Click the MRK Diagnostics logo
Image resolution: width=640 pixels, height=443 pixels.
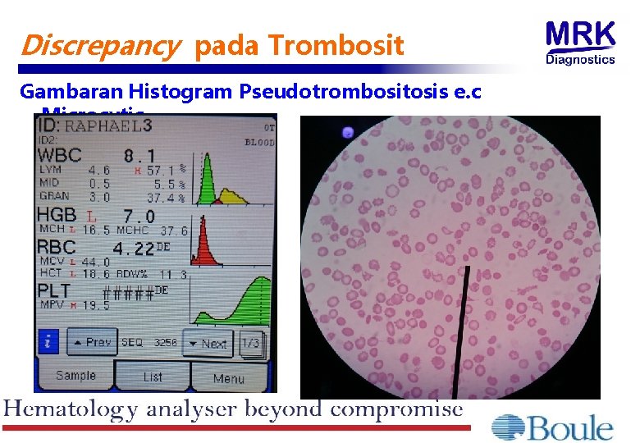coord(581,43)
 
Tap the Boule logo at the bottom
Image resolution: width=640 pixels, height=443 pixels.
coord(552,427)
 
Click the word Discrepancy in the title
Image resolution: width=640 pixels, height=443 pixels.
coord(98,46)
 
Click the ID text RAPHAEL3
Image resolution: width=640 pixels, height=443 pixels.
coord(109,126)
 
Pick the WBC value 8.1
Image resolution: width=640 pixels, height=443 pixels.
coord(139,155)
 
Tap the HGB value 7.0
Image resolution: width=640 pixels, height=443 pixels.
coord(139,216)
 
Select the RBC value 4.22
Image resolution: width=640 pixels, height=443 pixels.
coord(134,248)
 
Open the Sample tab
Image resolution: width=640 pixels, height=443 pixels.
coord(75,377)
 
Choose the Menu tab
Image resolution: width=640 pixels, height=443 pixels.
coord(229,378)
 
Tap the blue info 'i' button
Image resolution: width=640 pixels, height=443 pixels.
coord(48,342)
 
